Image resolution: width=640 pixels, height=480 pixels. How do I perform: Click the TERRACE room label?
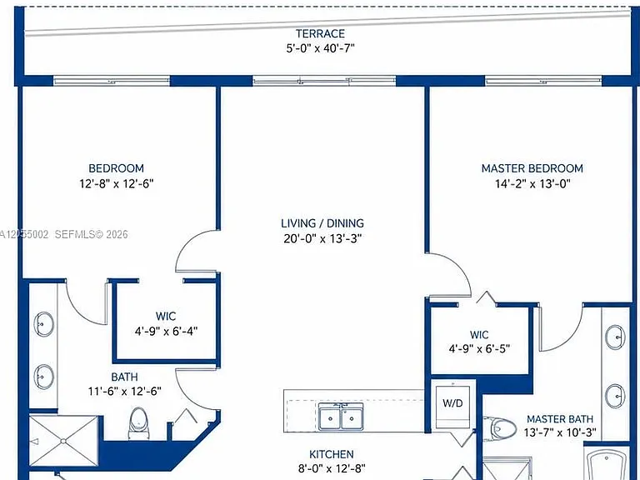coord(320,33)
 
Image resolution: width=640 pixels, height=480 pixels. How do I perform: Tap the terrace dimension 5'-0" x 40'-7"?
coord(320,48)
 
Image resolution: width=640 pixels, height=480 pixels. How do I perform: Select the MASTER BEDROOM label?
coord(532,168)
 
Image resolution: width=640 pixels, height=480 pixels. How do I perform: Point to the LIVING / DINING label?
coord(322,223)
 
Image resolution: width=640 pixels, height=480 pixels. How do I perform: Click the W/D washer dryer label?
coord(452,403)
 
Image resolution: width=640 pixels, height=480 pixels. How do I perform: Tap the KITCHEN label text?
coord(332,454)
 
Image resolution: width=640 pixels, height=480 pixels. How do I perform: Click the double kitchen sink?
coord(341,417)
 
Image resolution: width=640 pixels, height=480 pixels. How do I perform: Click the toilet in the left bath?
coord(138,423)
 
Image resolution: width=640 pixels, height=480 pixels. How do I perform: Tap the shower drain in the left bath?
coord(62,441)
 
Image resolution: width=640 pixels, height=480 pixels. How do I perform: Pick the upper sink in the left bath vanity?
coord(43,324)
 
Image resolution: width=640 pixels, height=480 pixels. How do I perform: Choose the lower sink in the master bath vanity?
coord(615,396)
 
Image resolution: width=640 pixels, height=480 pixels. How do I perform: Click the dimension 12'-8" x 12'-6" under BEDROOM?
coord(117,183)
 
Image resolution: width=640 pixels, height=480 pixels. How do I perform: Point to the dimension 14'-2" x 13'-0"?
coord(532,183)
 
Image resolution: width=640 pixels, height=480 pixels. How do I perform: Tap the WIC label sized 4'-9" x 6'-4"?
coord(166,317)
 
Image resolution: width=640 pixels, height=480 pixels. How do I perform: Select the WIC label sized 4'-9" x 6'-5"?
coord(479,335)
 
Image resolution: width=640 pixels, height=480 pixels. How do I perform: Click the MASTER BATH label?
coord(560,419)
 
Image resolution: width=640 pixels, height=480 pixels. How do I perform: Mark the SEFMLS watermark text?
coord(91,234)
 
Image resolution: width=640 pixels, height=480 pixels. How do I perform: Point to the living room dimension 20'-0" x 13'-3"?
coord(322,238)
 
